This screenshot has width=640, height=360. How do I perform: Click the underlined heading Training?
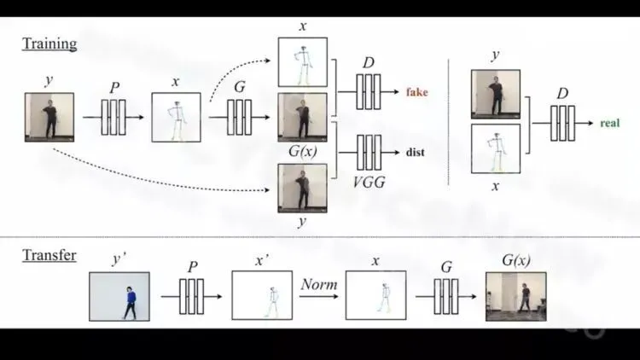49,44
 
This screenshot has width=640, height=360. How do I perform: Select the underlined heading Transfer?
49,255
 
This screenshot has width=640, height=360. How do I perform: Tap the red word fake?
416,92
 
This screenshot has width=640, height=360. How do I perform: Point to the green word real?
609,123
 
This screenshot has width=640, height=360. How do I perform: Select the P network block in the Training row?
113,117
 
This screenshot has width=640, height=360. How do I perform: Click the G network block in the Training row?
239,117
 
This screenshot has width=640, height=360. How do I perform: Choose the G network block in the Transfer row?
445,296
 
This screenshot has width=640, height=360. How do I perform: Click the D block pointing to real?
563,123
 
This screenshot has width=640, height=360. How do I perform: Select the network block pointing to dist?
368,153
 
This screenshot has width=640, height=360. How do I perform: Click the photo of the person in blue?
119,296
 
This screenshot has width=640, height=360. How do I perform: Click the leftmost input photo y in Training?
49,117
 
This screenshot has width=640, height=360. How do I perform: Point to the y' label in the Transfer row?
119,258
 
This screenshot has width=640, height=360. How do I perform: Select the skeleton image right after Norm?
375,295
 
